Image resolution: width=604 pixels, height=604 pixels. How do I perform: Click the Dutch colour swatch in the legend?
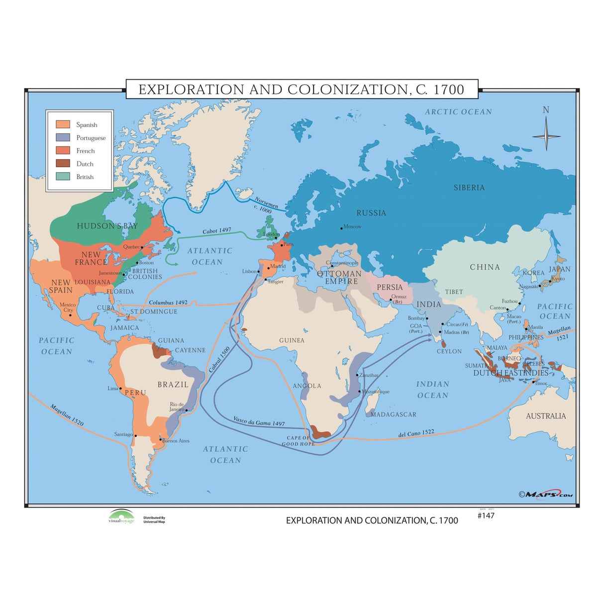pos(63,164)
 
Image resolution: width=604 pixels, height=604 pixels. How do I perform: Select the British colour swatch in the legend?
pos(63,177)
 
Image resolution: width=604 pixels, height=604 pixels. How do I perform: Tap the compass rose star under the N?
pos(546,136)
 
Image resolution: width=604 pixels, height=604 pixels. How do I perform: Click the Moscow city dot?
pos(342,228)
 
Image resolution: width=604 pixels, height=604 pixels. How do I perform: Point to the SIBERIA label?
pos(469,188)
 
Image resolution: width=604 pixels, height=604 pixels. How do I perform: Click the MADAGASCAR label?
pos(393,414)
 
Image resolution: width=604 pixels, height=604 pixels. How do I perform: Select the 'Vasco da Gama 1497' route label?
pos(259,421)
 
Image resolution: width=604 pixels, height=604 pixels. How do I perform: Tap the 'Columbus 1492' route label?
pos(168,302)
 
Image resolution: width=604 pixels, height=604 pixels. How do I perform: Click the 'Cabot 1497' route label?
pos(217,231)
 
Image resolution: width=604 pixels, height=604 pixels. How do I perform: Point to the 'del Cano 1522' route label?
pos(416,434)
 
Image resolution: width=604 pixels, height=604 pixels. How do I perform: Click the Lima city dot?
pos(120,389)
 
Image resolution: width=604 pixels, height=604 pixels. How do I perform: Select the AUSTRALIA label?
pos(546,416)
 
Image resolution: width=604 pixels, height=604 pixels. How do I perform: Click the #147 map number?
pos(486,516)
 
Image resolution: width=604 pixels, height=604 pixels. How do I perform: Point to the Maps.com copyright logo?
pos(546,494)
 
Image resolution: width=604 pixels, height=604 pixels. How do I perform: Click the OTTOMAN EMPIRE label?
pos(340,278)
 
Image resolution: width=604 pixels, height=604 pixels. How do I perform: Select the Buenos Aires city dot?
pos(160,440)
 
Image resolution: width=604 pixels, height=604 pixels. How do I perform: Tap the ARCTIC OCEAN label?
pos(458,112)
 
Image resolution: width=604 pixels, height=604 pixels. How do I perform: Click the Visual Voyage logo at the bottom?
pos(121,517)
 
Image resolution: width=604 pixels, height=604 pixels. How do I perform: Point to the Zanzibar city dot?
pos(357,375)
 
